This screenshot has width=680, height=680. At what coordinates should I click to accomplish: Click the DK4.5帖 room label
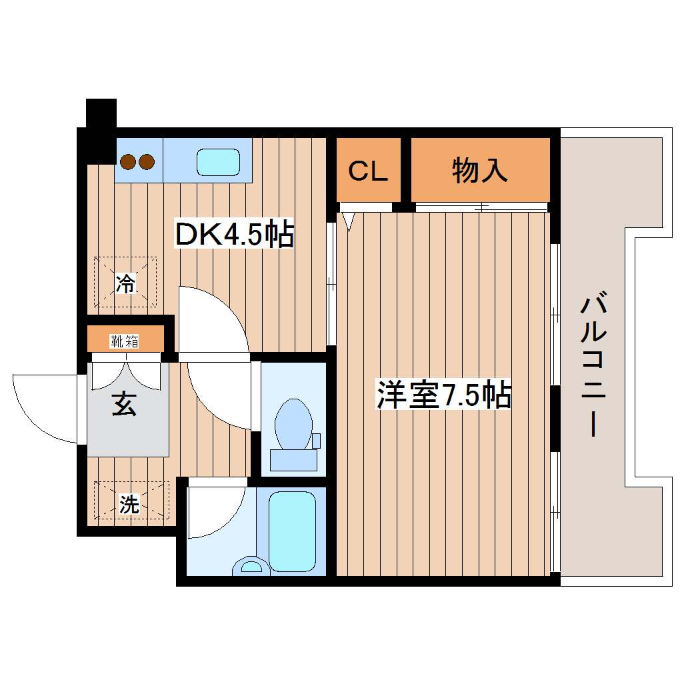tap(234, 234)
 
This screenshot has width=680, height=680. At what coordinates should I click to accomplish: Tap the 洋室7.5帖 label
tap(443, 395)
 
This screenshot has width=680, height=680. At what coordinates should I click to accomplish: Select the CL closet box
tap(368, 171)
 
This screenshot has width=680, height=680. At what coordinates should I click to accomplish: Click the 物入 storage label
tap(480, 171)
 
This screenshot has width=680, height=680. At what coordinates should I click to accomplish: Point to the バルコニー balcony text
tap(593, 366)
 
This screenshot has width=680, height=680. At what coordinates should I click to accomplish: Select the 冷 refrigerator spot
tap(125, 283)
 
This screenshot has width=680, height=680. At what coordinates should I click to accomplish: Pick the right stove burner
tap(147, 161)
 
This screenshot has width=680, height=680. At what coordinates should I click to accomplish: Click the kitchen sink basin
tap(218, 161)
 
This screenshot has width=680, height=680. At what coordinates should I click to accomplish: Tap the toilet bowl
tap(293, 424)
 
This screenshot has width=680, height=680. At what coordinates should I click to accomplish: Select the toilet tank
tap(293, 461)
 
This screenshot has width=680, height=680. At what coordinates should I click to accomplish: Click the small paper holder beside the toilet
tap(316, 441)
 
